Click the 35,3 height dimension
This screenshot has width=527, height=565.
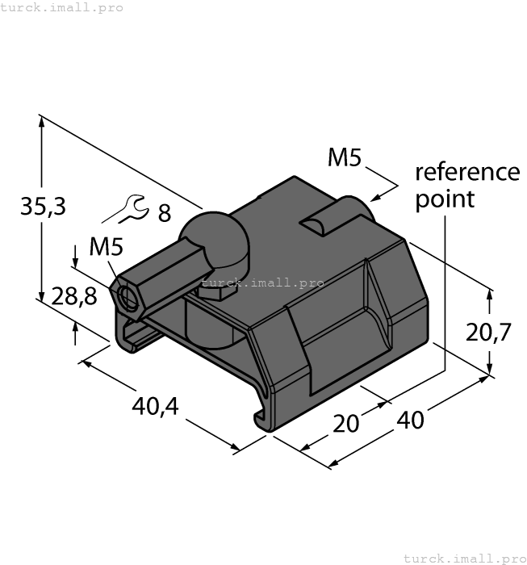[x=42, y=207]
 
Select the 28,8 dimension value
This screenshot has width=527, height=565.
[x=73, y=296]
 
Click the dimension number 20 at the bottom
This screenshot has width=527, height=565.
[x=346, y=423]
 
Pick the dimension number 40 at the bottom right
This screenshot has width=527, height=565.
[x=411, y=421]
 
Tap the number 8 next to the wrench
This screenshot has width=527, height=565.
[x=164, y=214]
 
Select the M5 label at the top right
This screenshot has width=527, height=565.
[x=345, y=158]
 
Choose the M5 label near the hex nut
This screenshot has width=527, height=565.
[x=106, y=246]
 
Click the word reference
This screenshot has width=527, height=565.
[x=467, y=172]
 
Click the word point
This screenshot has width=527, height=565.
[x=445, y=199]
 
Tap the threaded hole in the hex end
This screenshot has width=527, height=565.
[x=128, y=297]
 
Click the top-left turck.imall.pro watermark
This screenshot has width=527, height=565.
[x=62, y=7]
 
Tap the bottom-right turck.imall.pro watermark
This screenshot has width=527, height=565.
[x=463, y=558]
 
